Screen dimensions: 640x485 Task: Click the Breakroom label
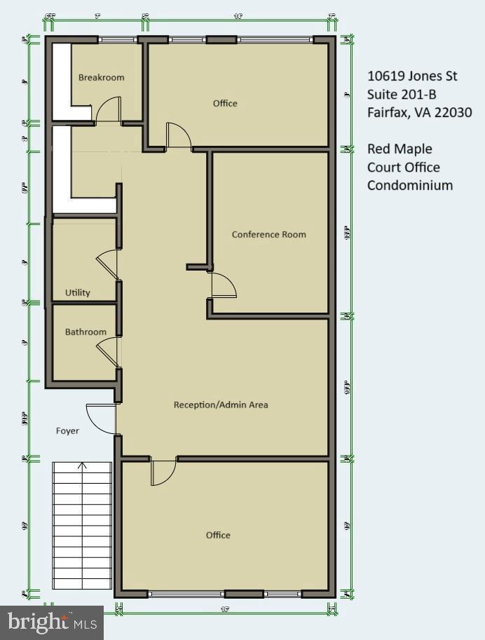click(x=101, y=77)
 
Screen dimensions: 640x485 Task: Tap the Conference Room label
click(x=268, y=234)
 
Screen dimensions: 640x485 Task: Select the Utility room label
click(x=78, y=292)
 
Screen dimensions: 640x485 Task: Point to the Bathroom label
click(x=86, y=332)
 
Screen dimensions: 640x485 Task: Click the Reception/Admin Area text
click(x=221, y=404)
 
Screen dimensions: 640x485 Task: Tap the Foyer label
click(x=67, y=430)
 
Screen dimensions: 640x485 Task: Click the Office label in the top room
click(x=225, y=103)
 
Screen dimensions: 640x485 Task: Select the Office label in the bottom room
click(x=218, y=535)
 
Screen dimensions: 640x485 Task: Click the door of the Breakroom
click(x=109, y=111)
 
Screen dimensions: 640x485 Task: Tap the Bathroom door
click(x=107, y=352)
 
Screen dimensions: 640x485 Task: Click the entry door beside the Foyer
click(x=100, y=418)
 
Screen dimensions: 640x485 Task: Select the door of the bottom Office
click(x=163, y=472)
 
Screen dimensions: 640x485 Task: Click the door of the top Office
click(x=178, y=135)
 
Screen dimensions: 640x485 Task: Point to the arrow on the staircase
click(x=82, y=466)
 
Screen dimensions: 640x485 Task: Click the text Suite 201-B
click(x=402, y=95)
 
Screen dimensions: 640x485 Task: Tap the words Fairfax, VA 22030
click(x=419, y=112)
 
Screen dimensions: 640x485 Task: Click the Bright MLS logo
click(x=52, y=622)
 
